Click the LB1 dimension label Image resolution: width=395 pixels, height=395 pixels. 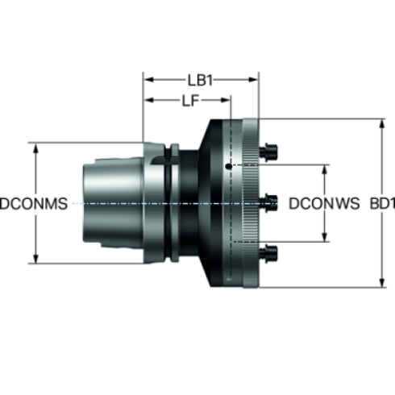pyautogui.click(x=200, y=80)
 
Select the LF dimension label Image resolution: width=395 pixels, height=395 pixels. pyautogui.click(x=190, y=101)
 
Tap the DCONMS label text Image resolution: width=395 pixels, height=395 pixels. pyautogui.click(x=34, y=204)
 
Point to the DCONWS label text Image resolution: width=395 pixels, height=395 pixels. pyautogui.click(x=324, y=204)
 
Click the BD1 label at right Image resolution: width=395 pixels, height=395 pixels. pyautogui.click(x=382, y=204)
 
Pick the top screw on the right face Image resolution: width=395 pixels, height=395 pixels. pyautogui.click(x=268, y=152)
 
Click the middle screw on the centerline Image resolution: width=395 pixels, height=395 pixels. pyautogui.click(x=268, y=203)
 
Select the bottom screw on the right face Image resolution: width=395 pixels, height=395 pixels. pyautogui.click(x=268, y=253)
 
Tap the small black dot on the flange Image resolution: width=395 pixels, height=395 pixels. pyautogui.click(x=229, y=167)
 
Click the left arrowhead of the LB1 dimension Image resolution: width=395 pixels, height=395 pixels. pyautogui.click(x=148, y=80)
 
